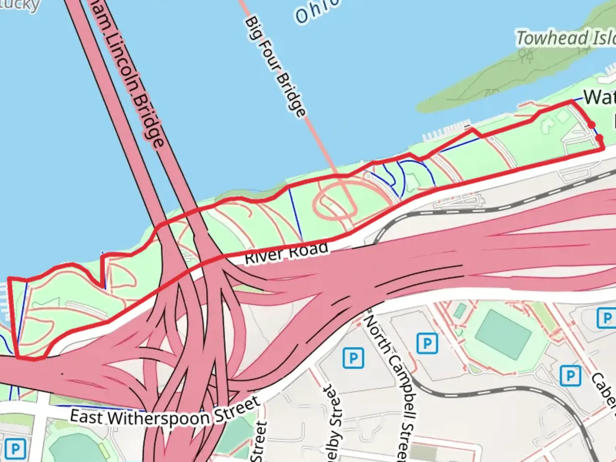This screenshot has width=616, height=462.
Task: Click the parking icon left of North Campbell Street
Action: click(x=353, y=358)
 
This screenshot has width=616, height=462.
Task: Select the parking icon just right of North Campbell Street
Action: click(x=427, y=343)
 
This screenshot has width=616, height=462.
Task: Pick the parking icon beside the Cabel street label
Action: click(x=570, y=376)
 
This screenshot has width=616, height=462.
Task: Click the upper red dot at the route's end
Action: click(x=591, y=125)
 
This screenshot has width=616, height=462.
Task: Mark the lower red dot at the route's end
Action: click(x=599, y=138)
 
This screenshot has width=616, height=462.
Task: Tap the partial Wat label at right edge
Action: click(x=599, y=98)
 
